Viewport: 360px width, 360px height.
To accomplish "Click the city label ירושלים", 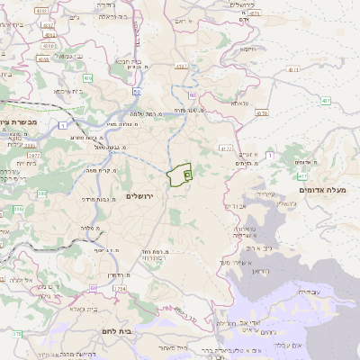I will click(139, 195).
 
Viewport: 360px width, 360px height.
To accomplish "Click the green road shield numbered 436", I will click(88, 78).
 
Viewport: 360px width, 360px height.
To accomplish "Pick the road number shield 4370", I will click(262, 113).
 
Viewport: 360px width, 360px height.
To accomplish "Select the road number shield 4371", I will click(293, 68).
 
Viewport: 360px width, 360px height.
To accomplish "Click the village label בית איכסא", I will click(67, 91).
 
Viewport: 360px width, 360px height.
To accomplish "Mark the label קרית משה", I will click(107, 170).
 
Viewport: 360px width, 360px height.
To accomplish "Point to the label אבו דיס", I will click(233, 206).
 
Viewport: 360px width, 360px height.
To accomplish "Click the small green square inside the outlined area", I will click(187, 172).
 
